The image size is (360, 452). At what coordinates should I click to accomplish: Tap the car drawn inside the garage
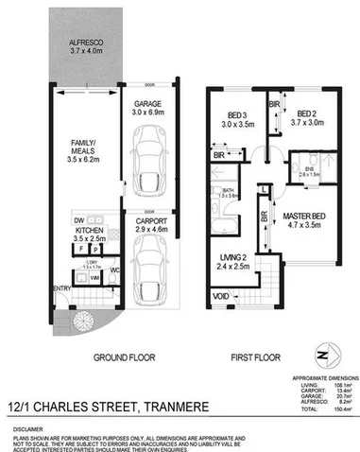(x=148, y=156)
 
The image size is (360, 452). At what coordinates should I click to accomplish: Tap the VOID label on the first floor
(x=220, y=295)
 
